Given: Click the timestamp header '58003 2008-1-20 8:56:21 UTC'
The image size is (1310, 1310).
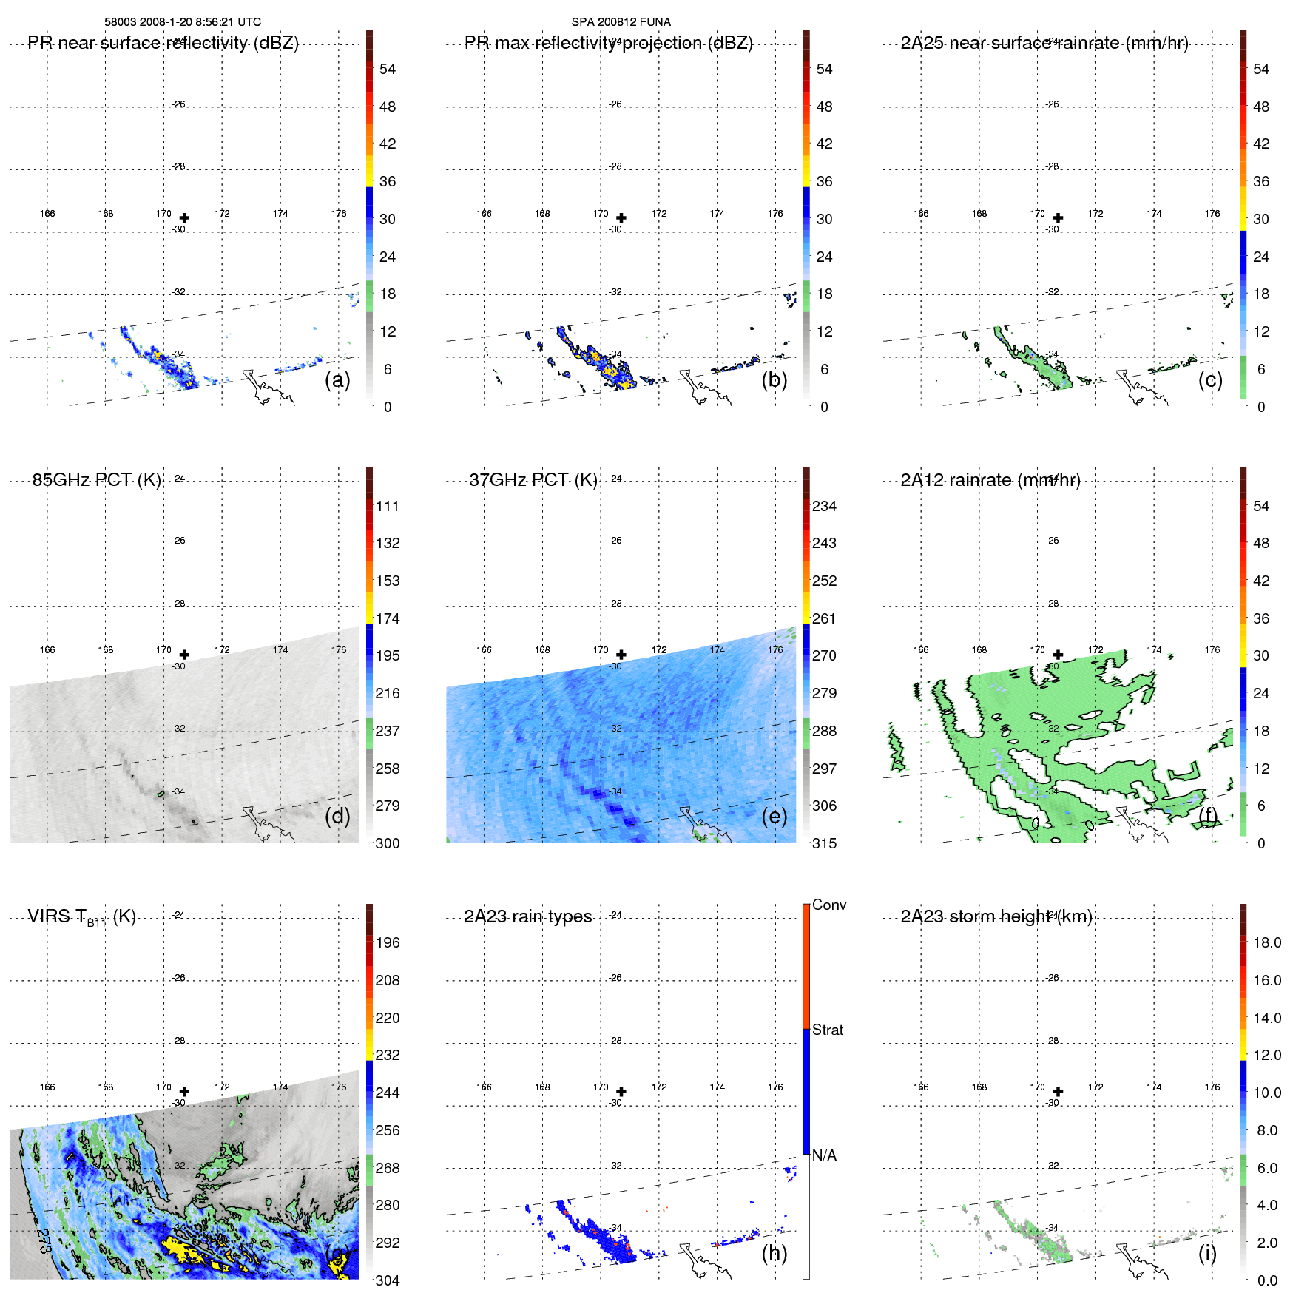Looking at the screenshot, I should [182, 22].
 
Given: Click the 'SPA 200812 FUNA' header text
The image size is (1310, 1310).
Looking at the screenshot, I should [621, 22].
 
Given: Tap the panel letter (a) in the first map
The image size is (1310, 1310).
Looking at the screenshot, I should [337, 379].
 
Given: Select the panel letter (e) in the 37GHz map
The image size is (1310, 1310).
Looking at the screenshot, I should [774, 816].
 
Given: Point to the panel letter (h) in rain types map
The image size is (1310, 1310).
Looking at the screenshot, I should [774, 1252].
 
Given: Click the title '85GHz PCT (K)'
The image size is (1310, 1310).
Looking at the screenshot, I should [97, 480].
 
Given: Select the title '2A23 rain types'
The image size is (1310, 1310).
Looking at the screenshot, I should [527, 916].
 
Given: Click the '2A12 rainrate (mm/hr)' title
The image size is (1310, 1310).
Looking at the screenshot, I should [990, 480].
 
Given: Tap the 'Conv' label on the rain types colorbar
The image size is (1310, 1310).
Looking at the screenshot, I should [828, 905].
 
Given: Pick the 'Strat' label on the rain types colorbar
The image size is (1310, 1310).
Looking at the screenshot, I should [827, 1030].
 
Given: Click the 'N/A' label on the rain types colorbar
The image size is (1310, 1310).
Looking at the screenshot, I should [824, 1155].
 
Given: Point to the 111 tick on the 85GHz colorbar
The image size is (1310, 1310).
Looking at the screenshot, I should [387, 506].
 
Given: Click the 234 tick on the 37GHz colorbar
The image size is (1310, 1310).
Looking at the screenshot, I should [824, 506].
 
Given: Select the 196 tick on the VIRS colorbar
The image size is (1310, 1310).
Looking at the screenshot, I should [387, 942].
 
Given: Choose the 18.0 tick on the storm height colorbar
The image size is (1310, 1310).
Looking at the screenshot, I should [1266, 942].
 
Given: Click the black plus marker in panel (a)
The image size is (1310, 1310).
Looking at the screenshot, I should [184, 217].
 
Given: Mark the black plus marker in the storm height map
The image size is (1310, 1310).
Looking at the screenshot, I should [1058, 1091].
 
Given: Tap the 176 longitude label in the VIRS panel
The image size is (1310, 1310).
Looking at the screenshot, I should [338, 1087].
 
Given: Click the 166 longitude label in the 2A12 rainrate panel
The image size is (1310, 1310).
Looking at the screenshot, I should [920, 649].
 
